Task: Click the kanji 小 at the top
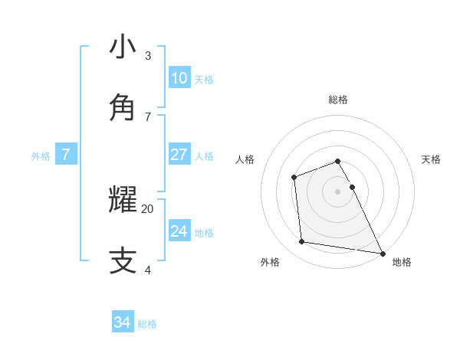tap(123, 47)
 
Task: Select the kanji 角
tap(123, 107)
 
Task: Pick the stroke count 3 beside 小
tap(148, 56)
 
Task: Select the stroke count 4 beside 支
tap(148, 270)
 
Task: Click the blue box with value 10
tap(179, 78)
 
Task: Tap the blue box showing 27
tap(179, 155)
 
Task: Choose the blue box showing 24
tap(179, 231)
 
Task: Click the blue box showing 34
tap(122, 322)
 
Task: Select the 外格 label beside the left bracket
tap(41, 155)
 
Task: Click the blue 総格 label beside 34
tap(147, 324)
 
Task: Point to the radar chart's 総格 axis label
tap(338, 100)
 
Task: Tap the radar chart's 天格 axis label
tap(432, 159)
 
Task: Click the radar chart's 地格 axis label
tap(402, 262)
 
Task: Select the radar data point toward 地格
tap(382, 252)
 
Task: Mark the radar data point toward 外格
tap(302, 242)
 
